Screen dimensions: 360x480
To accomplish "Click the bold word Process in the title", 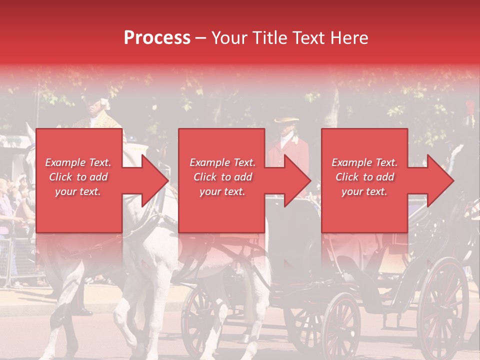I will point(157,38).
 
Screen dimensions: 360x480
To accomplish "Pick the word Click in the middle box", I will point(205,177).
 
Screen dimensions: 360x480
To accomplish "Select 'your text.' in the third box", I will point(364,191).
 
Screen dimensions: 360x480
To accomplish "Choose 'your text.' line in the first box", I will point(77,191).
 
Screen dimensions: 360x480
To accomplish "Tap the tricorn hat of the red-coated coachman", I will point(286,121).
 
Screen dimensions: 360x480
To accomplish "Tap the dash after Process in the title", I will point(201,38).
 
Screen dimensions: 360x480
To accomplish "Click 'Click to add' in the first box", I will point(78,177).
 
